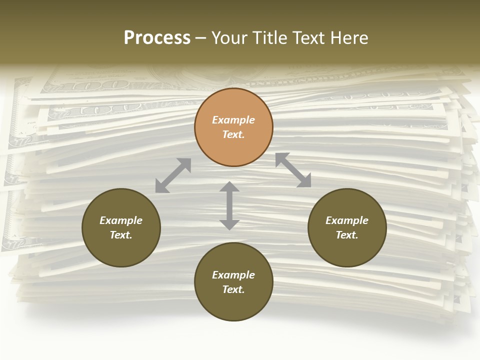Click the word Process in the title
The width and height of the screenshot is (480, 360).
(x=157, y=37)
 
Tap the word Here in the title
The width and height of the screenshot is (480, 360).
(x=349, y=37)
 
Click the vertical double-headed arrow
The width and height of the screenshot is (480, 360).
(x=229, y=205)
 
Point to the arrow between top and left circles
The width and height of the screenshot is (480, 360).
(x=173, y=175)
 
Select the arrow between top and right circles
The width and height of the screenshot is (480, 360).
(x=293, y=170)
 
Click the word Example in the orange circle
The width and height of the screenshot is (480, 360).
(x=233, y=120)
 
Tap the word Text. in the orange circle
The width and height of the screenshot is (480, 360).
(x=233, y=134)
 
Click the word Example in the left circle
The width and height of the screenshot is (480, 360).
(x=121, y=220)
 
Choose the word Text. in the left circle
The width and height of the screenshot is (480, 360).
(x=121, y=235)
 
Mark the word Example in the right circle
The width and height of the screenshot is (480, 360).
(x=347, y=220)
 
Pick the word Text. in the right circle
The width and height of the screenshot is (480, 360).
(x=347, y=235)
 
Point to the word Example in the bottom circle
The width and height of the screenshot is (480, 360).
(x=233, y=275)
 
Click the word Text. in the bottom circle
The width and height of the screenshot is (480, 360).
(x=233, y=289)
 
